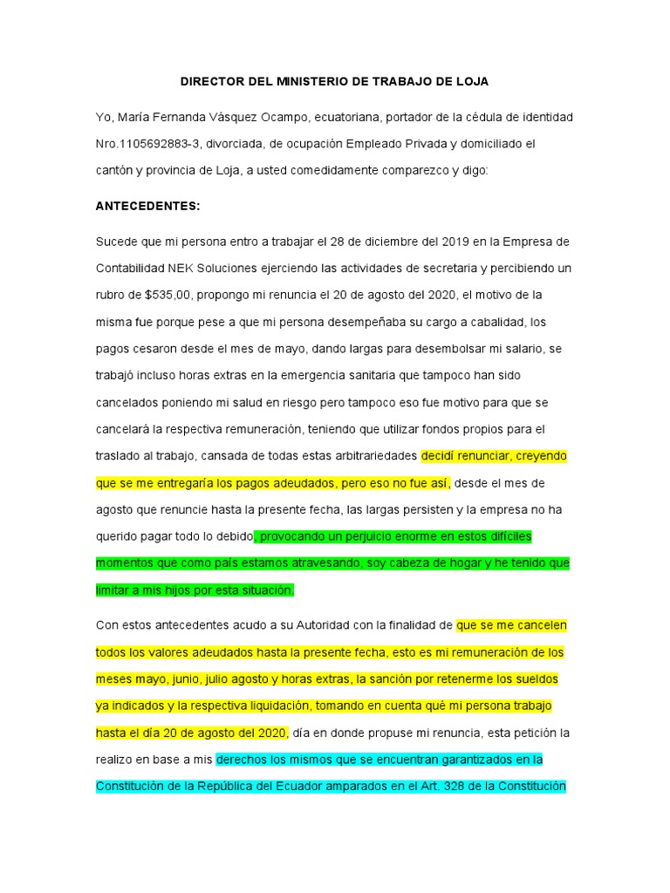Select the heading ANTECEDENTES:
(x=147, y=207)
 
